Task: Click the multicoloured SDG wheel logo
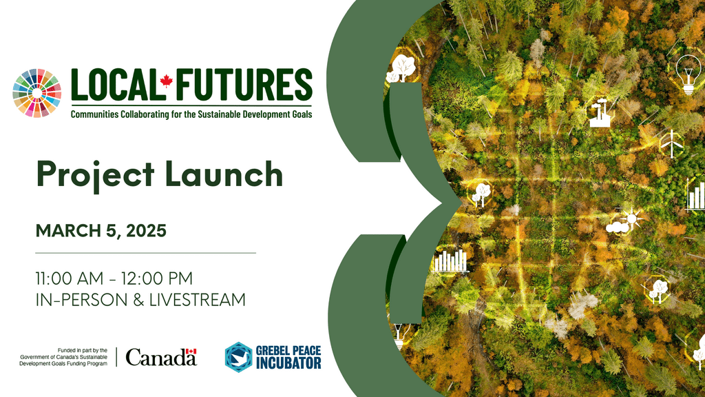pyautogui.click(x=38, y=93)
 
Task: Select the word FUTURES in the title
pyautogui.click(x=242, y=85)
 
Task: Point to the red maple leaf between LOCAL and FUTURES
pyautogui.click(x=166, y=82)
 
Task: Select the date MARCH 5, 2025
pyautogui.click(x=101, y=231)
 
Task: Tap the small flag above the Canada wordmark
pyautogui.click(x=191, y=352)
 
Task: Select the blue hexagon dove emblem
pyautogui.click(x=238, y=357)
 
